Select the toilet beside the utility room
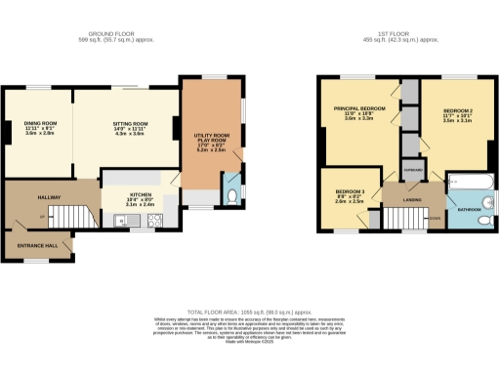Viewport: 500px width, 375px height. (230, 196)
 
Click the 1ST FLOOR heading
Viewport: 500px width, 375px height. (400, 37)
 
